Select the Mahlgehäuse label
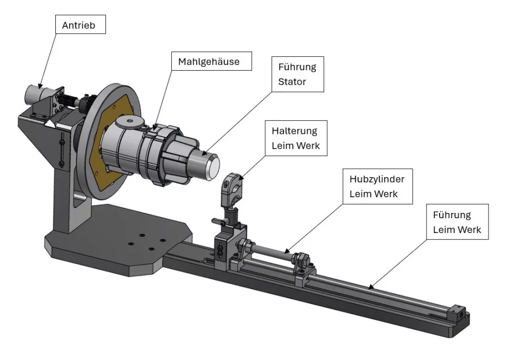coord(208,62)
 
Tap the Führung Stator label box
coord(297,75)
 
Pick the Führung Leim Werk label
coord(457,222)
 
